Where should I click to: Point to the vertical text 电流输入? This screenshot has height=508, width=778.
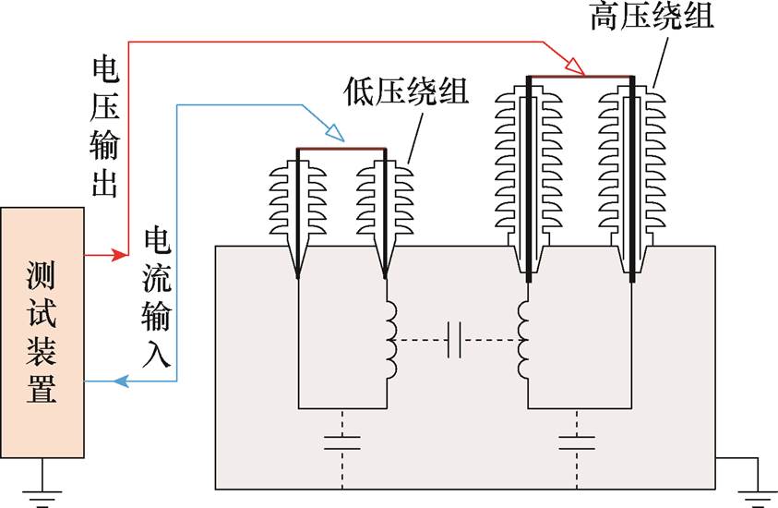pos(157,299)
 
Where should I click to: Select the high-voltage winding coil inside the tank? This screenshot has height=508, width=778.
pos(524,339)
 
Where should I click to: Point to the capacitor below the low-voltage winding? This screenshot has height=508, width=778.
pos(341,441)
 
